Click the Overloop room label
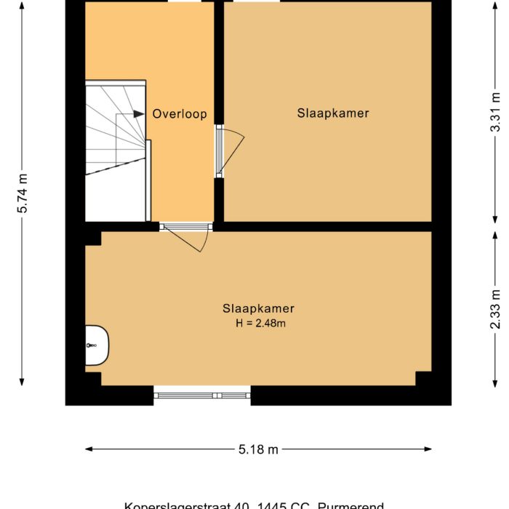click(x=180, y=114)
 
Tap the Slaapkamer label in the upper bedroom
click(x=333, y=113)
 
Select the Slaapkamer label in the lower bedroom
click(x=258, y=308)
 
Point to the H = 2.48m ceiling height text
click(x=260, y=324)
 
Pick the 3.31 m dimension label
click(x=495, y=113)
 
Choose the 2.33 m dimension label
click(x=495, y=308)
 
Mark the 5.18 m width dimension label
click(x=258, y=449)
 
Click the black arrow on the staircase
click(x=138, y=114)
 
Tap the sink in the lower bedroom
click(x=96, y=345)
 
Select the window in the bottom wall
click(x=202, y=396)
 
